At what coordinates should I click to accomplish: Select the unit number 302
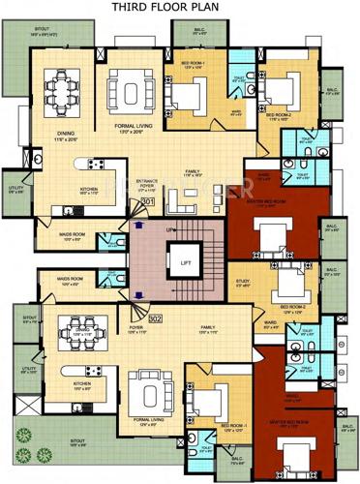click(x=154, y=317)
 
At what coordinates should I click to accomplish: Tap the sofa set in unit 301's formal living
click(x=127, y=93)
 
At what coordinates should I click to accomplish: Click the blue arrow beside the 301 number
click(x=139, y=224)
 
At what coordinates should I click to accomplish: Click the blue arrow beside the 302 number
click(x=139, y=291)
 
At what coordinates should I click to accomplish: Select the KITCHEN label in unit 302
click(x=83, y=383)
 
